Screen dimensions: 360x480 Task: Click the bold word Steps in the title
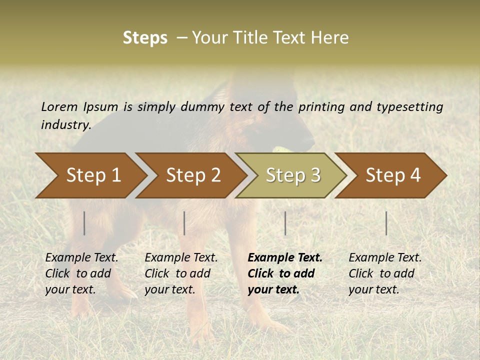(145, 38)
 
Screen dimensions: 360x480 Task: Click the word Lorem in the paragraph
(59, 106)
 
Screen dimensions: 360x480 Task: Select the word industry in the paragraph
(65, 125)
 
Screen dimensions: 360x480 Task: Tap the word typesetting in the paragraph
(409, 107)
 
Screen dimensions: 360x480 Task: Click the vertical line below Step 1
(84, 223)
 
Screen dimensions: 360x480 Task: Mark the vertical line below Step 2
(184, 223)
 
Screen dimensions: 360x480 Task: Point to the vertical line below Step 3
(285, 223)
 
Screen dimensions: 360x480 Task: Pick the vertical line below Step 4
(386, 223)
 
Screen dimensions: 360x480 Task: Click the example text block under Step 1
(81, 273)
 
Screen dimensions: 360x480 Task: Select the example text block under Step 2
(180, 273)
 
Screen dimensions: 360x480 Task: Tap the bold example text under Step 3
(284, 273)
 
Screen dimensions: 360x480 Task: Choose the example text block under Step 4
(384, 273)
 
